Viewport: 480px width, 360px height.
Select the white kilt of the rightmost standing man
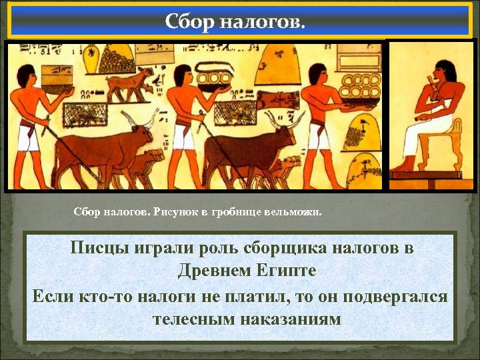coord(319,137)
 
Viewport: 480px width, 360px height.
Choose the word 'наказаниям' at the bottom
coord(287,318)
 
